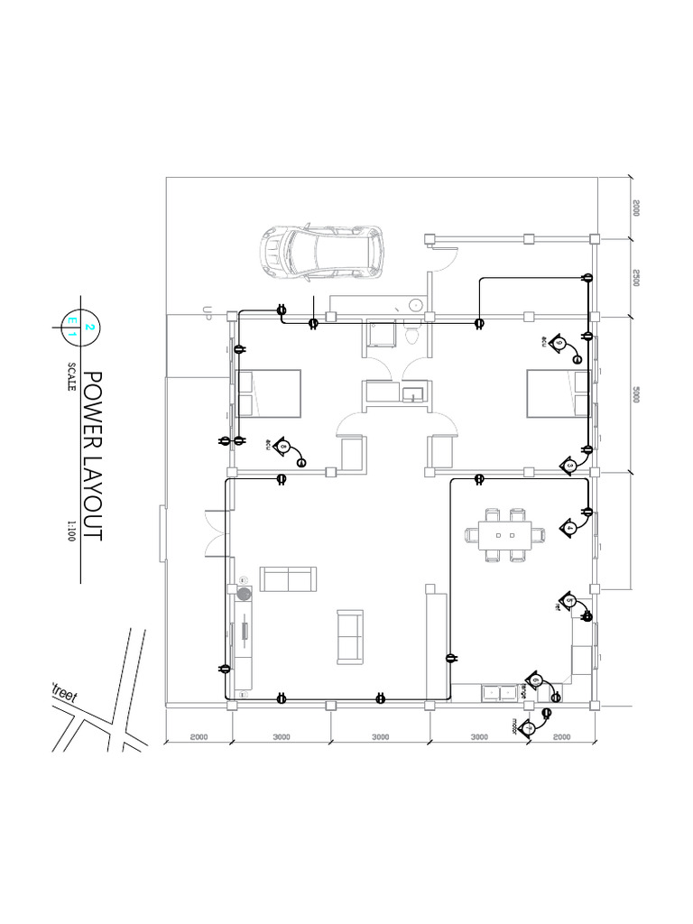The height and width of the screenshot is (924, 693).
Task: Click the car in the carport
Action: [x=322, y=252]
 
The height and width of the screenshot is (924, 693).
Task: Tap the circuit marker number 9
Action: [x=559, y=344]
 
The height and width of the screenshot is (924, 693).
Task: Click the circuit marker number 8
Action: [x=284, y=446]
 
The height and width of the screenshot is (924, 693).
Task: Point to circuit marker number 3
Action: [x=570, y=466]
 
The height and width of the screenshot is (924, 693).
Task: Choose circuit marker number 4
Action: [x=569, y=528]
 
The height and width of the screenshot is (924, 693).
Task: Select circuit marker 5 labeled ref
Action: [x=569, y=601]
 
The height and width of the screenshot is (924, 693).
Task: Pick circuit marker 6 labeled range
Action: [x=536, y=681]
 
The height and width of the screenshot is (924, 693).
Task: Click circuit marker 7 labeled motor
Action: [x=529, y=727]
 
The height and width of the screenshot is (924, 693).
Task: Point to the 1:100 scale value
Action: [x=70, y=528]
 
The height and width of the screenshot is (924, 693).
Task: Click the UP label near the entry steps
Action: [x=207, y=313]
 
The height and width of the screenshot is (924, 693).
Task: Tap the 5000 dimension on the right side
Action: [x=635, y=394]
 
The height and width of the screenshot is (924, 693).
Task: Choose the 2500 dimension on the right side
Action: [x=635, y=277]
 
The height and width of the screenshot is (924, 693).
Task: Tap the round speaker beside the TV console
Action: [x=243, y=594]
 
